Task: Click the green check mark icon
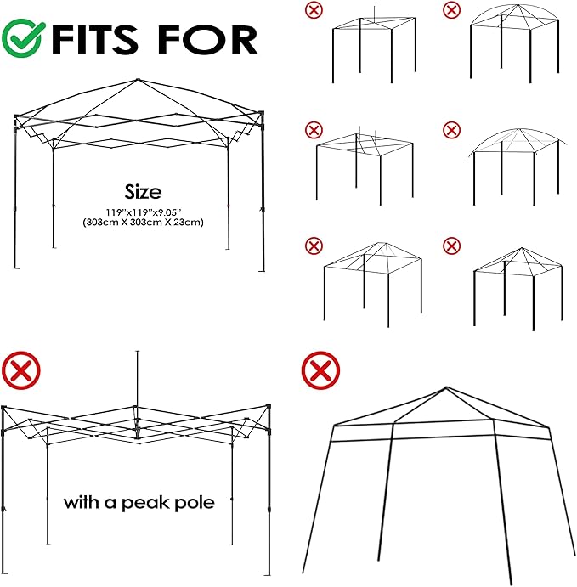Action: pos(22,38)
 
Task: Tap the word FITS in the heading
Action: pos(94,39)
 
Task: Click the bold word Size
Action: pos(143,192)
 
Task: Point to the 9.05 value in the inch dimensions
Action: pos(169,212)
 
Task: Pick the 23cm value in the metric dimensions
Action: pos(190,222)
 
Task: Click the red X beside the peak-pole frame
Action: pos(21,370)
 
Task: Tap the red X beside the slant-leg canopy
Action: pos(320,370)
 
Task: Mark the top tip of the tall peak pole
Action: pos(138,351)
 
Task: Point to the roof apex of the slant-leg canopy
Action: pos(446,387)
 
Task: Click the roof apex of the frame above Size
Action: pos(138,80)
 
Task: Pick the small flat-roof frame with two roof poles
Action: pos(365,166)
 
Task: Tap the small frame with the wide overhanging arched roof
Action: pos(518,167)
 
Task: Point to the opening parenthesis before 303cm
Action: pos(84,223)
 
